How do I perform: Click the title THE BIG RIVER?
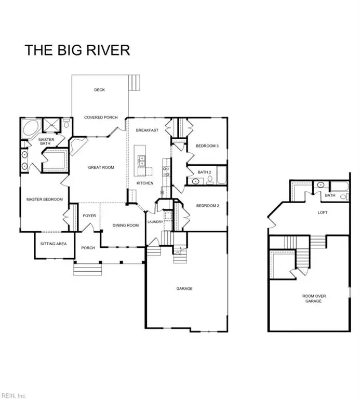click(77, 50)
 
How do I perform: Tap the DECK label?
click(99, 90)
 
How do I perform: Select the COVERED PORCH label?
click(101, 117)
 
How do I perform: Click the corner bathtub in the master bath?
click(32, 128)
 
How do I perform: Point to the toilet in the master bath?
click(66, 123)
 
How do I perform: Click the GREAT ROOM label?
click(101, 167)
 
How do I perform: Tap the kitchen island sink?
click(141, 161)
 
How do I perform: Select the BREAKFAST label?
click(147, 130)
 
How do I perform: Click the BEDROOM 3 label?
click(207, 146)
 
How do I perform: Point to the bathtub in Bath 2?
click(222, 175)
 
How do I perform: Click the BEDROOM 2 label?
click(208, 206)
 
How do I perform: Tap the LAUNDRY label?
click(155, 222)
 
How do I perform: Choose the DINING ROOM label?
click(126, 225)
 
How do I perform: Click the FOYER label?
click(89, 216)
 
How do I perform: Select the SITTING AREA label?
click(54, 244)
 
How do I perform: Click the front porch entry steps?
click(87, 270)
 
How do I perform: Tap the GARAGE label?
click(184, 288)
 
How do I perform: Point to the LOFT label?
click(323, 212)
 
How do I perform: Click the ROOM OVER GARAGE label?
click(314, 299)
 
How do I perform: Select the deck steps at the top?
click(135, 83)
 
